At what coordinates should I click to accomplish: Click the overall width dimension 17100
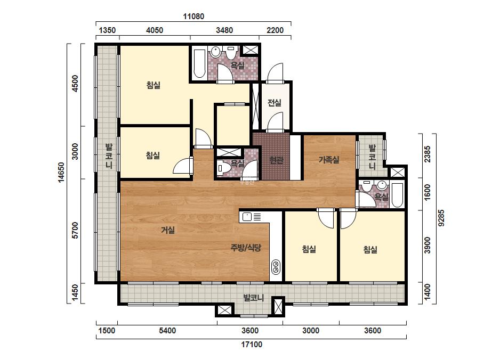pyautogui.click(x=252, y=345)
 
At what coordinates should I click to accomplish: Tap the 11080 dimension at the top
pyautogui.click(x=193, y=17)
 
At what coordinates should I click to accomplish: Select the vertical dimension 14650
pyautogui.click(x=61, y=172)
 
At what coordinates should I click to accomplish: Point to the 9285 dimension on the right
pyautogui.click(x=441, y=218)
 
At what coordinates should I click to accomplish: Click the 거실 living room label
pyautogui.click(x=168, y=230)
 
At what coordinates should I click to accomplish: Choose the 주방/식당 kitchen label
pyautogui.click(x=246, y=248)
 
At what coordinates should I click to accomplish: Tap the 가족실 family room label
pyautogui.click(x=329, y=160)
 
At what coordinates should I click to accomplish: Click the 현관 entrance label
pyautogui.click(x=277, y=160)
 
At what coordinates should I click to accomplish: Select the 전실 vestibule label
pyautogui.click(x=275, y=103)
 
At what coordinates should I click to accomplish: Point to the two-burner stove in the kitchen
pyautogui.click(x=276, y=267)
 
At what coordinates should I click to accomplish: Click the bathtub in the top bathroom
pyautogui.click(x=199, y=63)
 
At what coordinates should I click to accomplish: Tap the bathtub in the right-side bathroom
pyautogui.click(x=397, y=195)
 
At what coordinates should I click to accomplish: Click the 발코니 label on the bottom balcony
pyautogui.click(x=254, y=297)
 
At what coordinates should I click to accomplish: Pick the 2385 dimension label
pyautogui.click(x=428, y=154)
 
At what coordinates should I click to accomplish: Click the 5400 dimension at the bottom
pyautogui.click(x=167, y=331)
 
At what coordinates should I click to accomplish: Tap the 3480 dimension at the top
pyautogui.click(x=224, y=30)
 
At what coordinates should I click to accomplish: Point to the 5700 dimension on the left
pyautogui.click(x=75, y=230)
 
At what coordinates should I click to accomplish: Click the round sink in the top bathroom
pyautogui.click(x=215, y=52)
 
